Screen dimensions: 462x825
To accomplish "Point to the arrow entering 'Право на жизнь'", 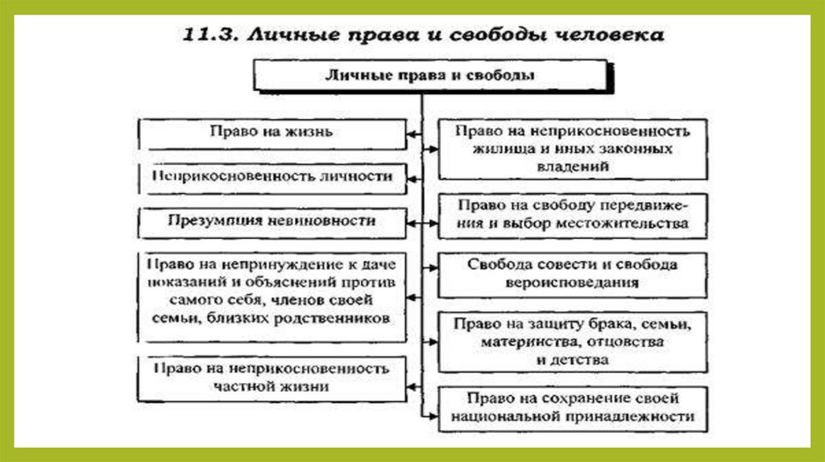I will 412,132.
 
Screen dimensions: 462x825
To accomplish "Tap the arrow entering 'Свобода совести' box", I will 429,264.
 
